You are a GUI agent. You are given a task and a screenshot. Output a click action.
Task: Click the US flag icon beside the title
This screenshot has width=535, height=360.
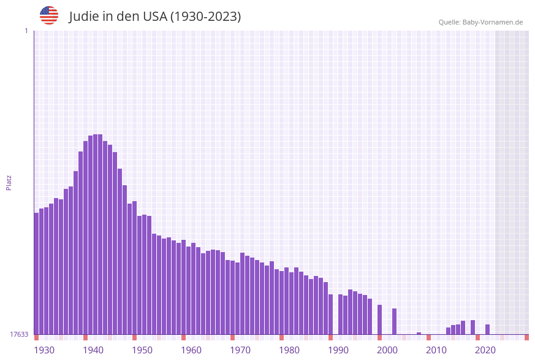coord(49,15)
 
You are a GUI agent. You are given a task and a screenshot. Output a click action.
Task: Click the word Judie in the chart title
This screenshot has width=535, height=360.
coord(83,17)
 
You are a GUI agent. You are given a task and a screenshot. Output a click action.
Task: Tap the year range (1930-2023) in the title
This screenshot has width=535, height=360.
coord(205,17)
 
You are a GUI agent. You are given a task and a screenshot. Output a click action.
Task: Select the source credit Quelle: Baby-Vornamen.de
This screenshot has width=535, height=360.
coord(480,22)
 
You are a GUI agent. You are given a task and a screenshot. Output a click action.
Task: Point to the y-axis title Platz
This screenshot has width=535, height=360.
coord(9,182)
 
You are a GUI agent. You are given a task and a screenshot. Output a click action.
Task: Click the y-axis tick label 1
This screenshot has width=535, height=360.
coord(26,31)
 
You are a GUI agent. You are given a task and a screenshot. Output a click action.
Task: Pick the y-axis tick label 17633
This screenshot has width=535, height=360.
coord(19,334)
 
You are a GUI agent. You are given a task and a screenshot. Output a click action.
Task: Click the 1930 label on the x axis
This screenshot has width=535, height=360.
coord(44,350)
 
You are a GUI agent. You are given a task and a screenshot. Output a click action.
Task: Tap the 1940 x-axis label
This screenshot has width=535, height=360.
coord(93,350)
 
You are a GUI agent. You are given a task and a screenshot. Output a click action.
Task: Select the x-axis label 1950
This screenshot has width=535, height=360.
coord(142,350)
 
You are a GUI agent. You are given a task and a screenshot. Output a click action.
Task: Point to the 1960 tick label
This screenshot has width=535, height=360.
coord(191,350)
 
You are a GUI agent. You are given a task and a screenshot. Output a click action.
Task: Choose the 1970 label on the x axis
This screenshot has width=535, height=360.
coord(240,350)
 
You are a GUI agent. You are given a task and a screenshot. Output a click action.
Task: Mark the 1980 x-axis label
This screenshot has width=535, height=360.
coord(289,350)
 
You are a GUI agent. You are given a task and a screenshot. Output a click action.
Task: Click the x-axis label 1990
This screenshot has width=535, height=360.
coord(338,350)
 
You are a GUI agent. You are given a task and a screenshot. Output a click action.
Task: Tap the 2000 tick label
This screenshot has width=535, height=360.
coord(387,350)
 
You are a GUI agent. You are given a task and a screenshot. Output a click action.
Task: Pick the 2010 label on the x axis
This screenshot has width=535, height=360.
coord(436,350)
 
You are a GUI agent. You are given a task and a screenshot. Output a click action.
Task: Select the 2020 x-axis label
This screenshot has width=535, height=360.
coord(485,350)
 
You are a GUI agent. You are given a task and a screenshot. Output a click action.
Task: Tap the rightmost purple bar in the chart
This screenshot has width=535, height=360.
coord(487,329)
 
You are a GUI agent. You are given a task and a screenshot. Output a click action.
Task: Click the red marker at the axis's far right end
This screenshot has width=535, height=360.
coord(526,337)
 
